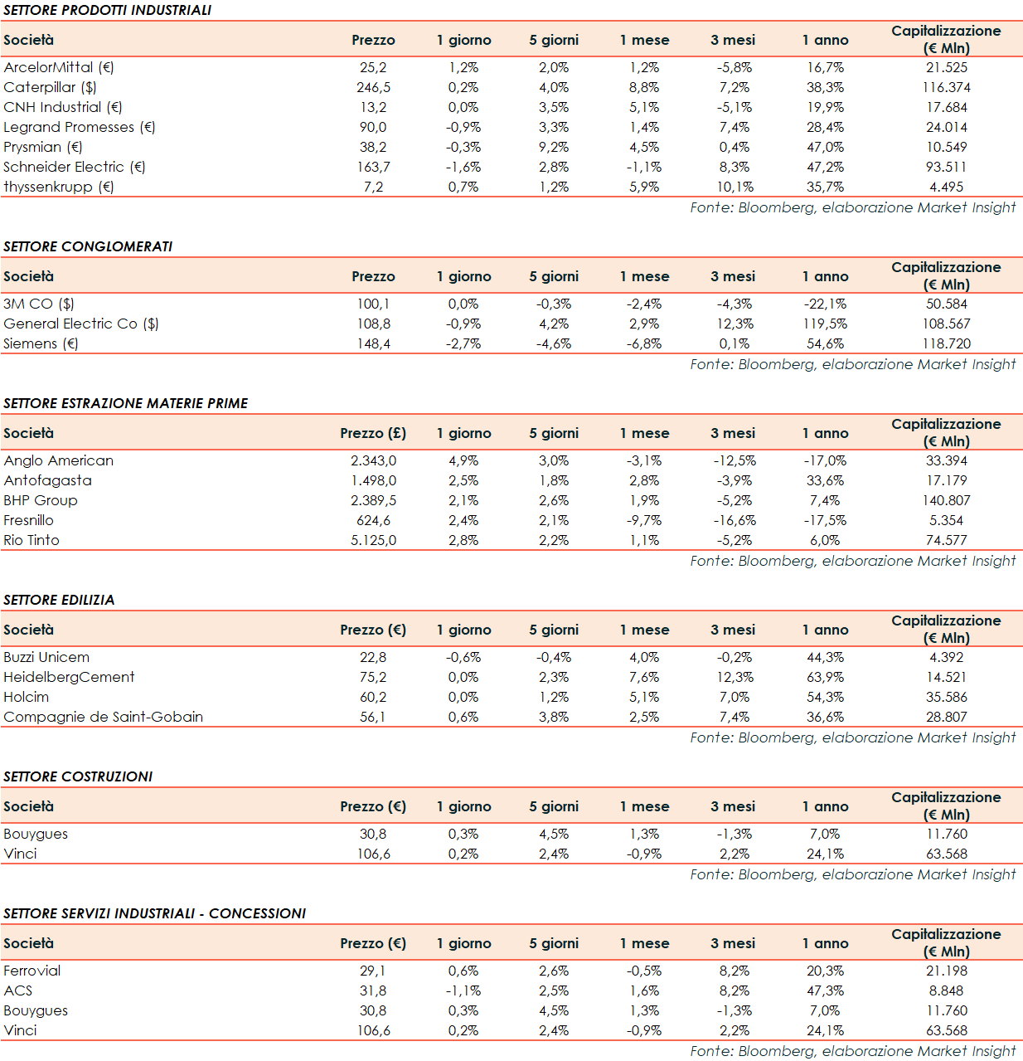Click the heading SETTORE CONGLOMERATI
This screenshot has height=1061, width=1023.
(88, 246)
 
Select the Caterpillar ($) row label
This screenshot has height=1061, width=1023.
(50, 87)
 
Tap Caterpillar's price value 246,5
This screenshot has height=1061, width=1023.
(373, 87)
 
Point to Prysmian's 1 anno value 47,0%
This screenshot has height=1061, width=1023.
(825, 147)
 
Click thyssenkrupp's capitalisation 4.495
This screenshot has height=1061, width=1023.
(946, 187)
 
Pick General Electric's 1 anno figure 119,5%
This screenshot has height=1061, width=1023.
(825, 324)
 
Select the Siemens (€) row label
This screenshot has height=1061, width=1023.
(41, 343)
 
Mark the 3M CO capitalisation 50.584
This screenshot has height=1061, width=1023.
(946, 304)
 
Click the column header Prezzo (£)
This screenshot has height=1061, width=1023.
(373, 433)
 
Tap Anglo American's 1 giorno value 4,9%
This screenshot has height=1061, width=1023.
(463, 460)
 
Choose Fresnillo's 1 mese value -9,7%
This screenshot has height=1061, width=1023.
(644, 520)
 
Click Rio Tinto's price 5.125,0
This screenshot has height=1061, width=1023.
(373, 540)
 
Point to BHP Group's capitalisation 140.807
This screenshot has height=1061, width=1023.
(946, 500)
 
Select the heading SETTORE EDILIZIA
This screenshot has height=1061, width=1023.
(59, 600)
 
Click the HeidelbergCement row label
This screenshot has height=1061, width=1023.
(69, 677)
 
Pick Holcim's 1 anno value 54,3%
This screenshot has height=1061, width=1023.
(825, 697)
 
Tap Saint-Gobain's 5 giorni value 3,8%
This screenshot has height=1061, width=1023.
(554, 717)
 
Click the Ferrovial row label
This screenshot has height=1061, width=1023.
(32, 971)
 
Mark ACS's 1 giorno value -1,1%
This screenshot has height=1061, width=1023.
(463, 990)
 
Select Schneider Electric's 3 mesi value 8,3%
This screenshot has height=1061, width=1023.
(735, 167)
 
